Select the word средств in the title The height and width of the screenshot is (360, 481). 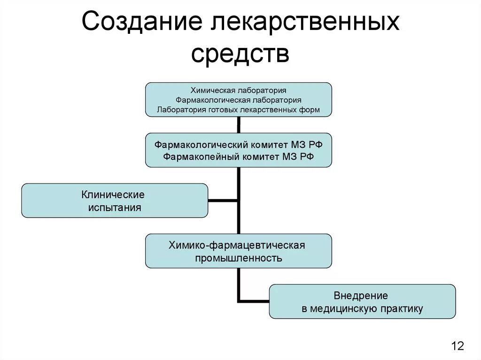coord(240,53)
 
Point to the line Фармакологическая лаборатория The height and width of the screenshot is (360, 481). coord(239,100)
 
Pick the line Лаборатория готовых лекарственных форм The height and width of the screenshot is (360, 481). coord(239,110)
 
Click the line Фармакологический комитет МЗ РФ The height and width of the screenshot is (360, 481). coord(239,144)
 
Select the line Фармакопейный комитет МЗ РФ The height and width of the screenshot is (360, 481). coord(239,157)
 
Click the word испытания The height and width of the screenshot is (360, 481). coord(115,207)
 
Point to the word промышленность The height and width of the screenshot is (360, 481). coord(239,258)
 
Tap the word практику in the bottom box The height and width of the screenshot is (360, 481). coord(402,308)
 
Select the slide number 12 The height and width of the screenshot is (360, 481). coord(458,346)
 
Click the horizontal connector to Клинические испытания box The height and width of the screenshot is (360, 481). coord(223,200)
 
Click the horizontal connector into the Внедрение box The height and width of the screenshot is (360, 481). coord(254,301)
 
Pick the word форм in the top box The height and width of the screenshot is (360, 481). coord(310,110)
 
